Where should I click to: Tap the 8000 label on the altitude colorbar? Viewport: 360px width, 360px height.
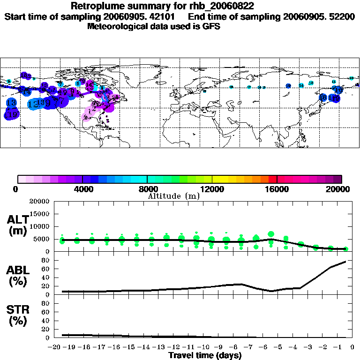tap(147, 189)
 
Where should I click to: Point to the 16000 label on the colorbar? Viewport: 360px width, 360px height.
tap(277, 189)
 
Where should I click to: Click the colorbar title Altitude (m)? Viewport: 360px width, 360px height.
tap(173, 196)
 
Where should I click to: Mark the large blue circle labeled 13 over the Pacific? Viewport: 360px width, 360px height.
tap(12, 103)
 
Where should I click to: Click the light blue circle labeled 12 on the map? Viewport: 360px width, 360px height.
tap(33, 104)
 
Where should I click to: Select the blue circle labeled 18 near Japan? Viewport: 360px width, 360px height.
tap(323, 97)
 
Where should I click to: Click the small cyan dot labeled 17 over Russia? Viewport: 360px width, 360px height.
tap(249, 87)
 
